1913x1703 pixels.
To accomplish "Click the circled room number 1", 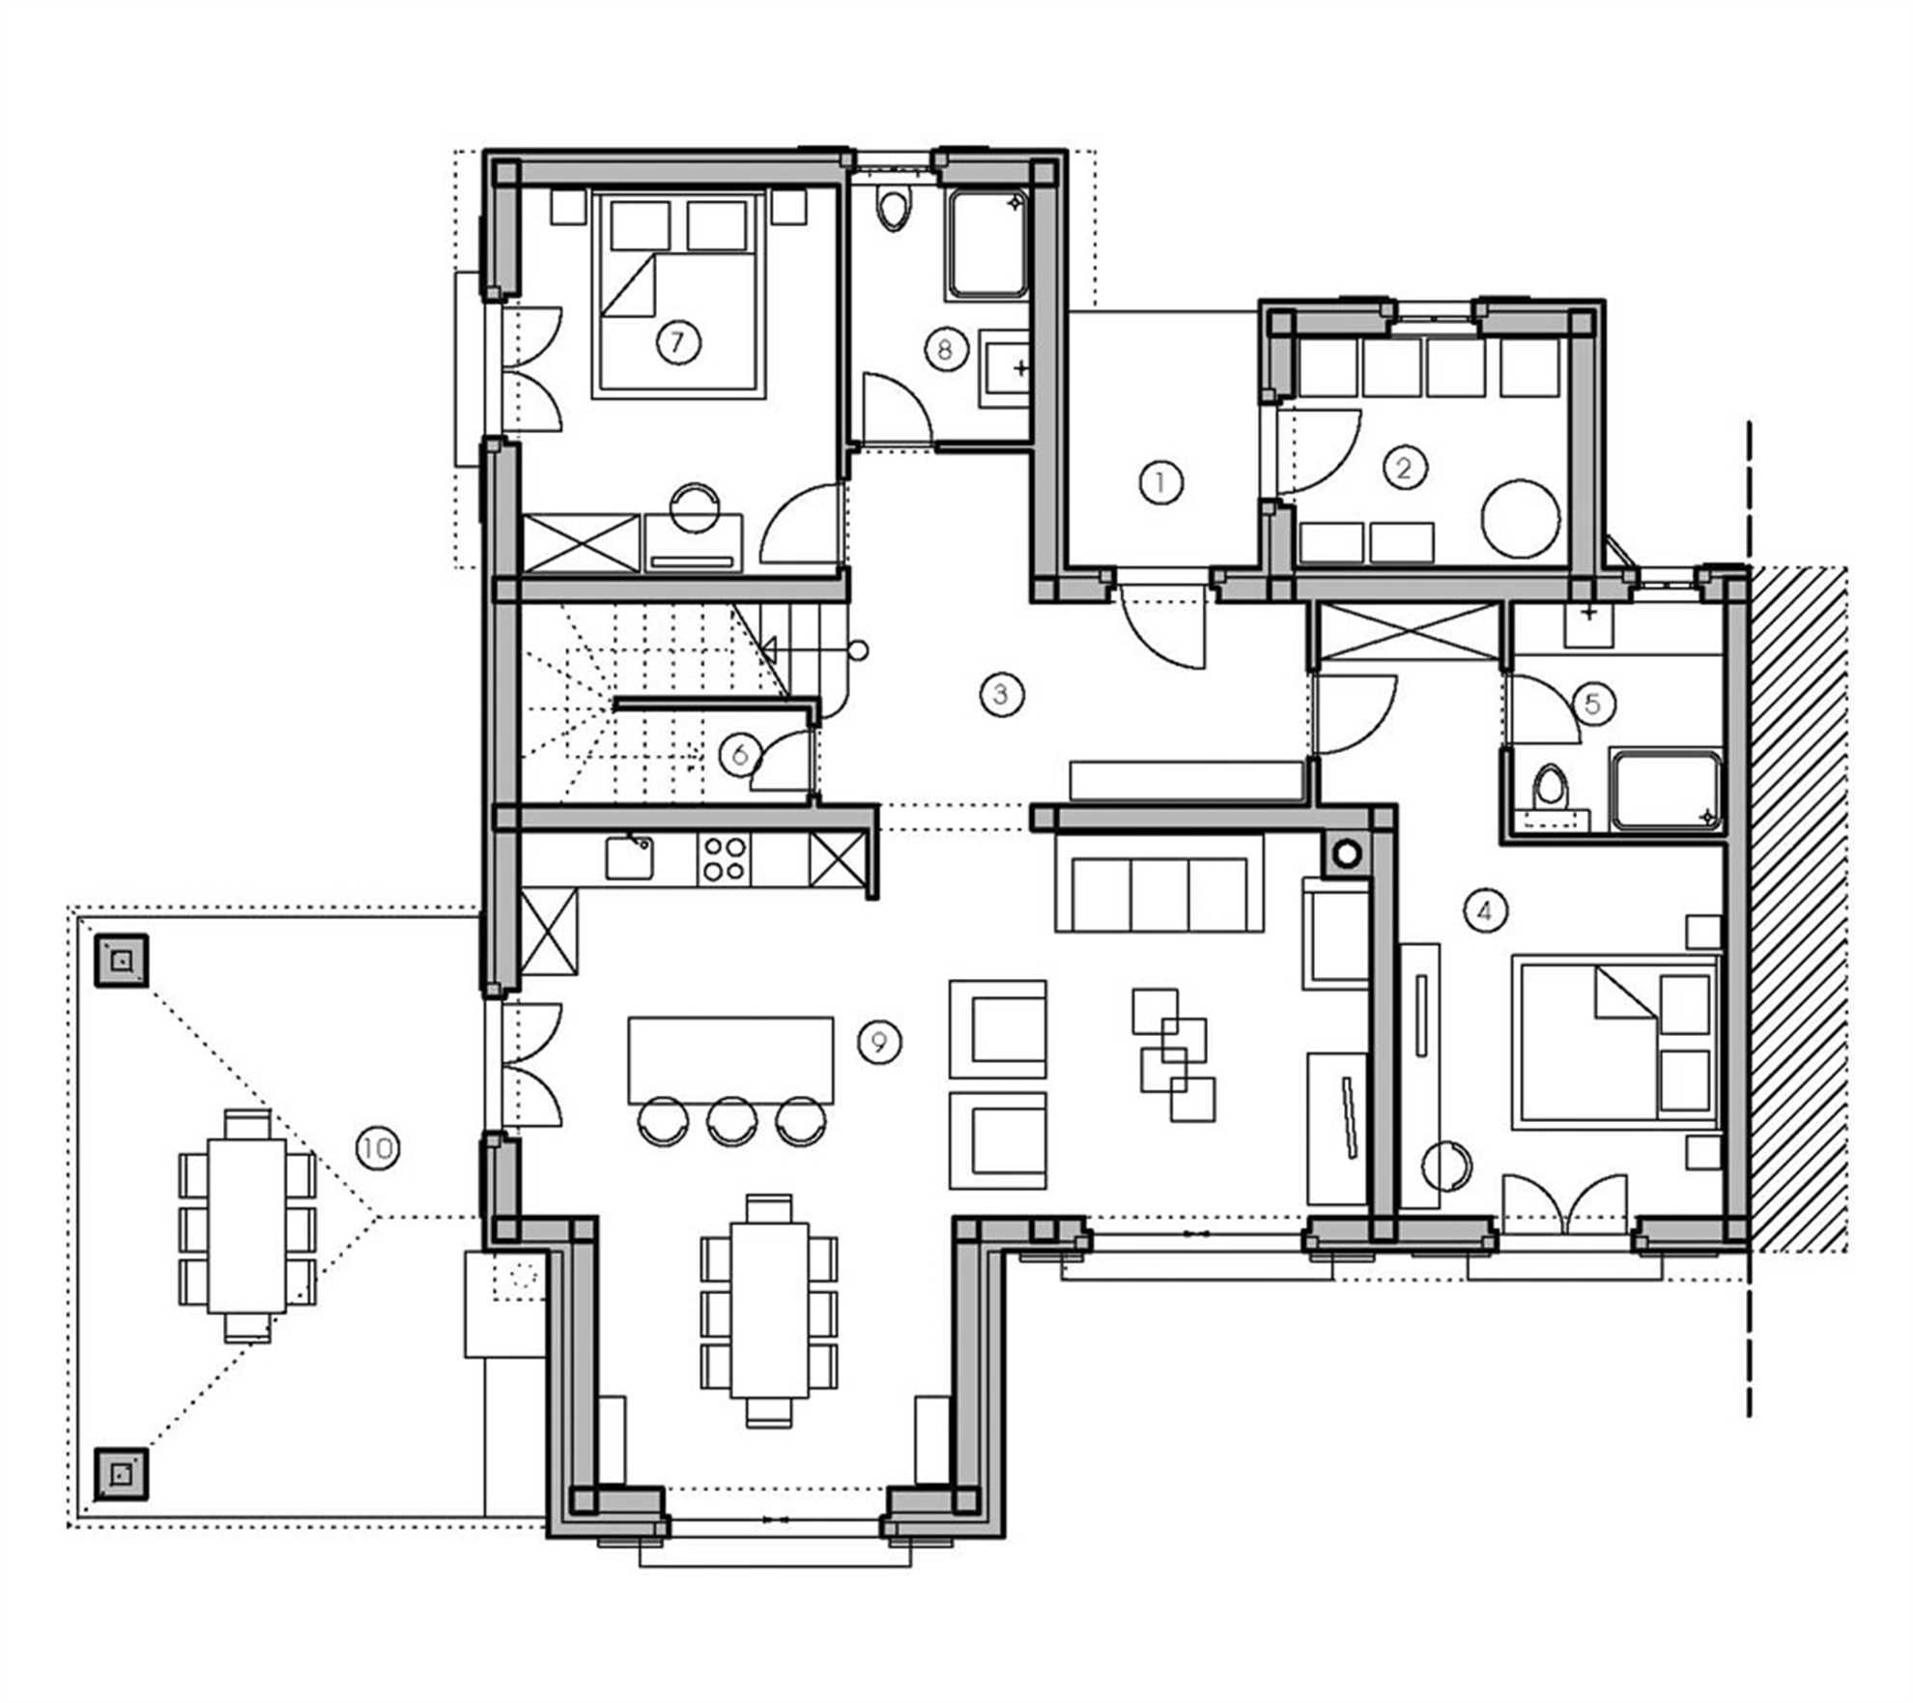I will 1160,481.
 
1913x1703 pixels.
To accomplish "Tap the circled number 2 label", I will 1403,468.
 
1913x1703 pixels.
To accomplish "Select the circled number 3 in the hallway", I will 1000,694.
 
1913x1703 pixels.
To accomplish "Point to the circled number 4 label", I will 1485,909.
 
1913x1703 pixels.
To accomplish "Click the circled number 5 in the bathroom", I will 1592,703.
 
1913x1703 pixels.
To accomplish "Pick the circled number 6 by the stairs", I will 740,754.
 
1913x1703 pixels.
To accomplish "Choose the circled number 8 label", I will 945,348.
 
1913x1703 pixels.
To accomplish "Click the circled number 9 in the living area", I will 878,1042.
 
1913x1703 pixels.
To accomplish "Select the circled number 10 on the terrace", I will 377,1148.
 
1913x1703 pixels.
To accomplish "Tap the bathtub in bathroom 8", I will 987,245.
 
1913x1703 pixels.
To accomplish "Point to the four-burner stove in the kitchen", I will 724,858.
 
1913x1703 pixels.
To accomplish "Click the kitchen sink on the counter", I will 629,858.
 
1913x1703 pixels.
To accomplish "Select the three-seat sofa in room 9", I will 1158,881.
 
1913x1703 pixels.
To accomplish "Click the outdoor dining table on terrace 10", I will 246,1226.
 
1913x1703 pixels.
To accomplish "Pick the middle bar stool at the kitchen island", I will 731,1120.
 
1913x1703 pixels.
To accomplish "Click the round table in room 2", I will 1520,518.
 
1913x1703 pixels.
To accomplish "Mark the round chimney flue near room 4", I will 1346,853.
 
